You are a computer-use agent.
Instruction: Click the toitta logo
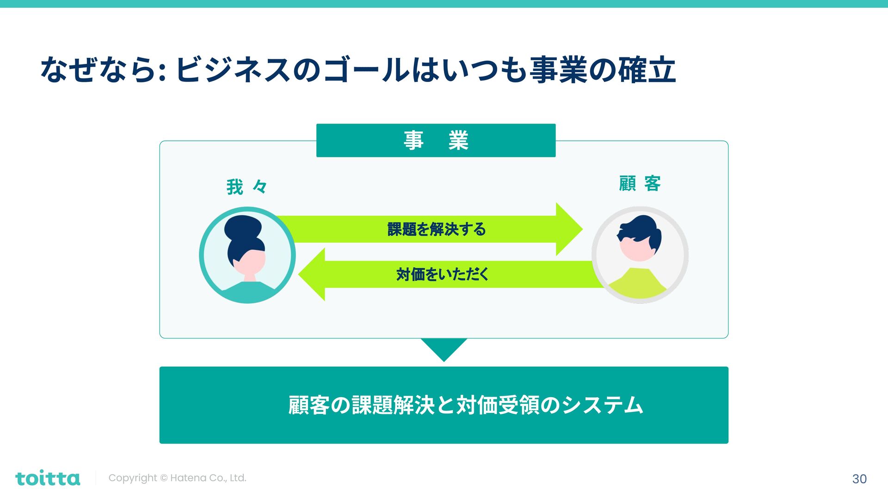[x=48, y=478]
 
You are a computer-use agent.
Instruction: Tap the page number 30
[x=859, y=479]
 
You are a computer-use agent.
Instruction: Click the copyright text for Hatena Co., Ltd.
[x=177, y=478]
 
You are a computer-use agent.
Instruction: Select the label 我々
[x=247, y=187]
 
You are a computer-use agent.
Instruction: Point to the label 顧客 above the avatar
[x=640, y=184]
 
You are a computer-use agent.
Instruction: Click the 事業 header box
[x=436, y=140]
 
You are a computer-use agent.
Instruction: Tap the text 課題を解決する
[x=437, y=229]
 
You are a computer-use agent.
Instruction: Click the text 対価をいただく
[x=443, y=275]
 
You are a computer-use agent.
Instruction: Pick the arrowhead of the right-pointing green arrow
[x=568, y=229]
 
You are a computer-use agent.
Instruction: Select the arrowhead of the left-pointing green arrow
[x=313, y=275]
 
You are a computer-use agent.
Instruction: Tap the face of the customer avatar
[x=637, y=249]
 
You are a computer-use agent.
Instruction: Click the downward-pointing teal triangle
[x=444, y=348]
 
